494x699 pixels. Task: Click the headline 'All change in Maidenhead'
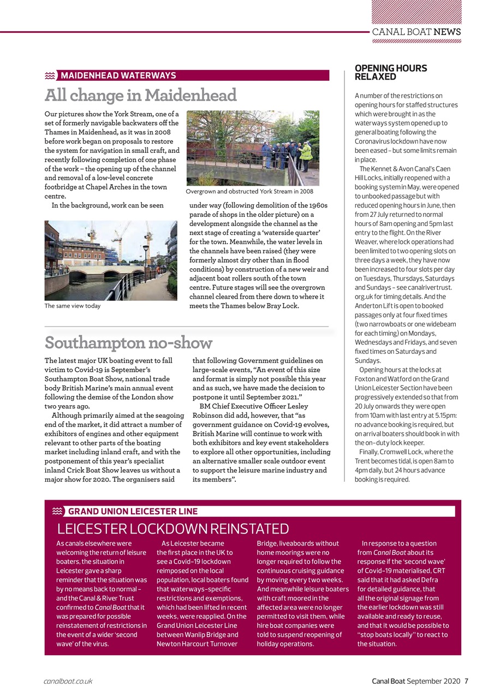[140, 96]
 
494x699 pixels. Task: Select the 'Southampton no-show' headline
[128, 343]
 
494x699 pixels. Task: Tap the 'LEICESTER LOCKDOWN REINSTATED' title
[172, 529]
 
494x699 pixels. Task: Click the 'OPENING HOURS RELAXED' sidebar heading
[391, 72]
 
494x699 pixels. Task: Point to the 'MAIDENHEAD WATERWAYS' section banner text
[118, 75]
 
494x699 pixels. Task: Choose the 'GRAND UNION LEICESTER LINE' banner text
[133, 512]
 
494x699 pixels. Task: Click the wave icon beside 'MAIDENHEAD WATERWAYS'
[50, 75]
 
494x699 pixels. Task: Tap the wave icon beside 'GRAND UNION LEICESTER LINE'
[57, 512]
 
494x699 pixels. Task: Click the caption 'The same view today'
[73, 306]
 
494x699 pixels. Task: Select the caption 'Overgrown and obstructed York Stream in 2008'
[249, 192]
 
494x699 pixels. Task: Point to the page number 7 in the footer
[466, 681]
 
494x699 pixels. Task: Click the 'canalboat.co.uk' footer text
[68, 681]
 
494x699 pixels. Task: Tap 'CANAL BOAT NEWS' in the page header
[416, 32]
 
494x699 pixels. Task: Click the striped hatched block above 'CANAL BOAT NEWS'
[416, 11]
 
